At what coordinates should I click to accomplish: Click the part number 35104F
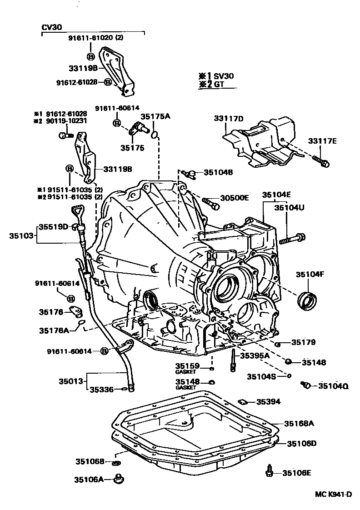(310, 274)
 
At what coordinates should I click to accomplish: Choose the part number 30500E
(235, 198)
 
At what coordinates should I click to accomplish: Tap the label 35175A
(155, 117)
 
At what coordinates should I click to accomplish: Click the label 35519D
(53, 226)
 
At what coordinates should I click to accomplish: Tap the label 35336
(102, 389)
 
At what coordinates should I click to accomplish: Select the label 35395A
(255, 355)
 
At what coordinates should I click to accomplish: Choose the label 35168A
(300, 423)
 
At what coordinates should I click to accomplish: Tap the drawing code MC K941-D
(334, 495)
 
